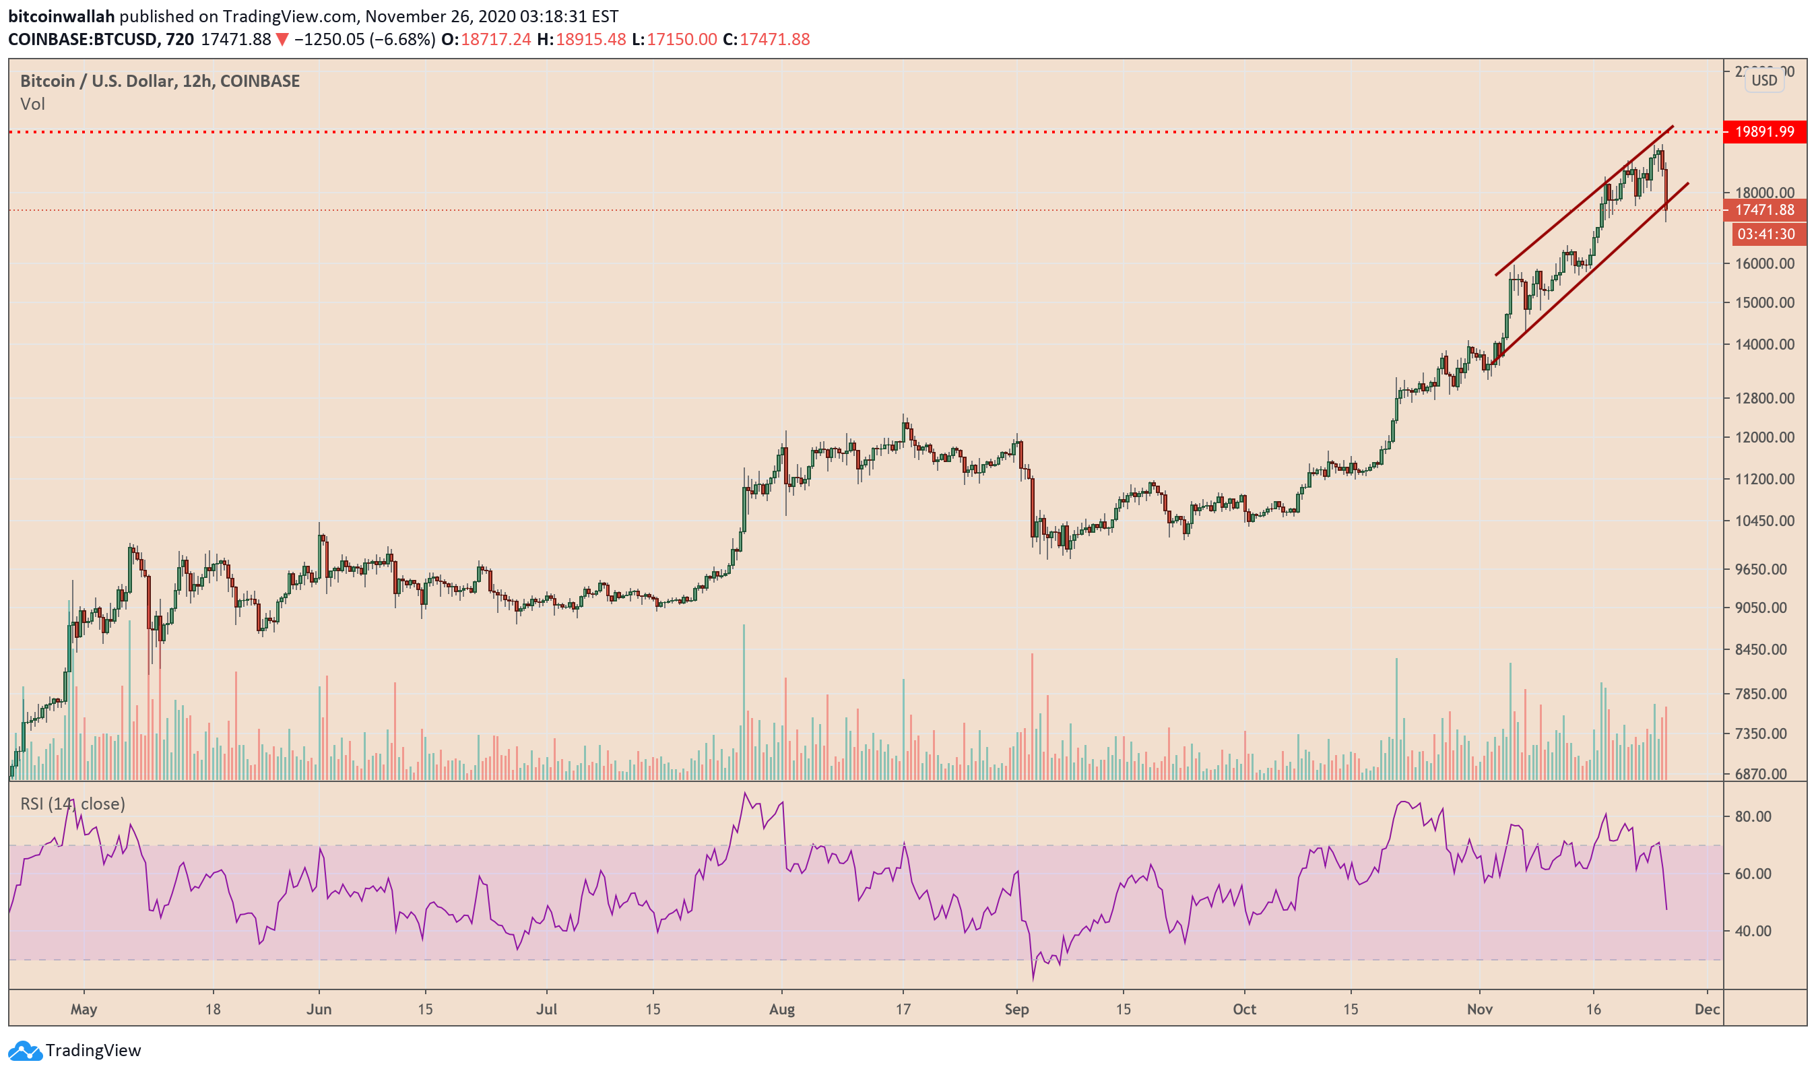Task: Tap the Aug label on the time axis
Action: pos(781,1009)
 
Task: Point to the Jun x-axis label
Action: pos(319,1009)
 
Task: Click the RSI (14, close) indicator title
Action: pos(73,804)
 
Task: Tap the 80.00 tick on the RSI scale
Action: pos(1753,816)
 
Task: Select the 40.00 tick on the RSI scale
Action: pos(1753,931)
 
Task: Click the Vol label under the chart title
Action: pos(32,104)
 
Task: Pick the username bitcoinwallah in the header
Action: pos(61,16)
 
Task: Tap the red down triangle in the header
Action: pos(282,40)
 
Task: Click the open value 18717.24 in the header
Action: pos(496,39)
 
